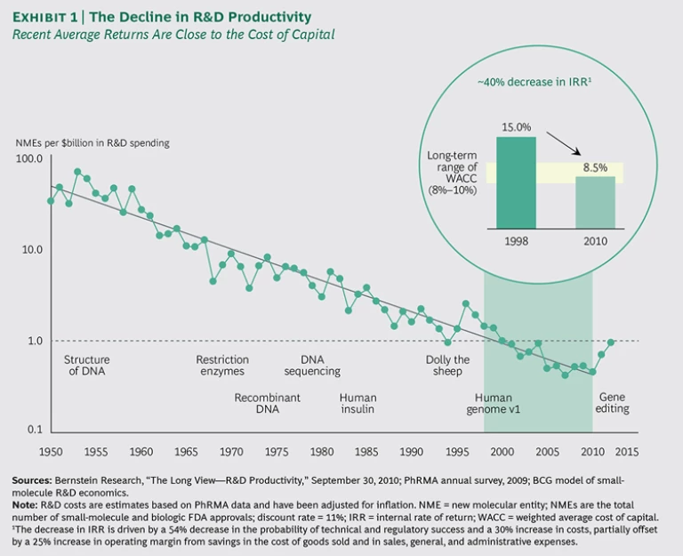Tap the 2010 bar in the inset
(595, 202)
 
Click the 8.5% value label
(595, 166)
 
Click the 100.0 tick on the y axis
(30, 159)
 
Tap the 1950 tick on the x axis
(50, 450)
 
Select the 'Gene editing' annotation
(614, 402)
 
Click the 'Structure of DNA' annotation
(86, 366)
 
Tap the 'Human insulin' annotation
(358, 403)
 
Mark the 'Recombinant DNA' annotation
(268, 403)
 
